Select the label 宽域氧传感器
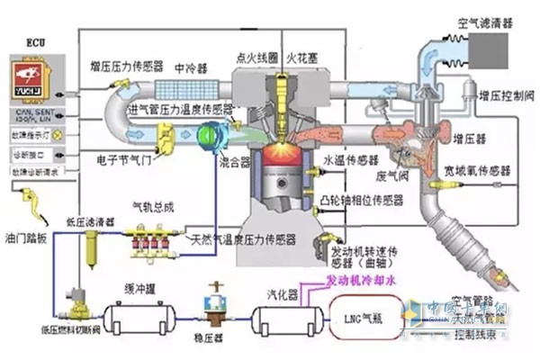495,169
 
